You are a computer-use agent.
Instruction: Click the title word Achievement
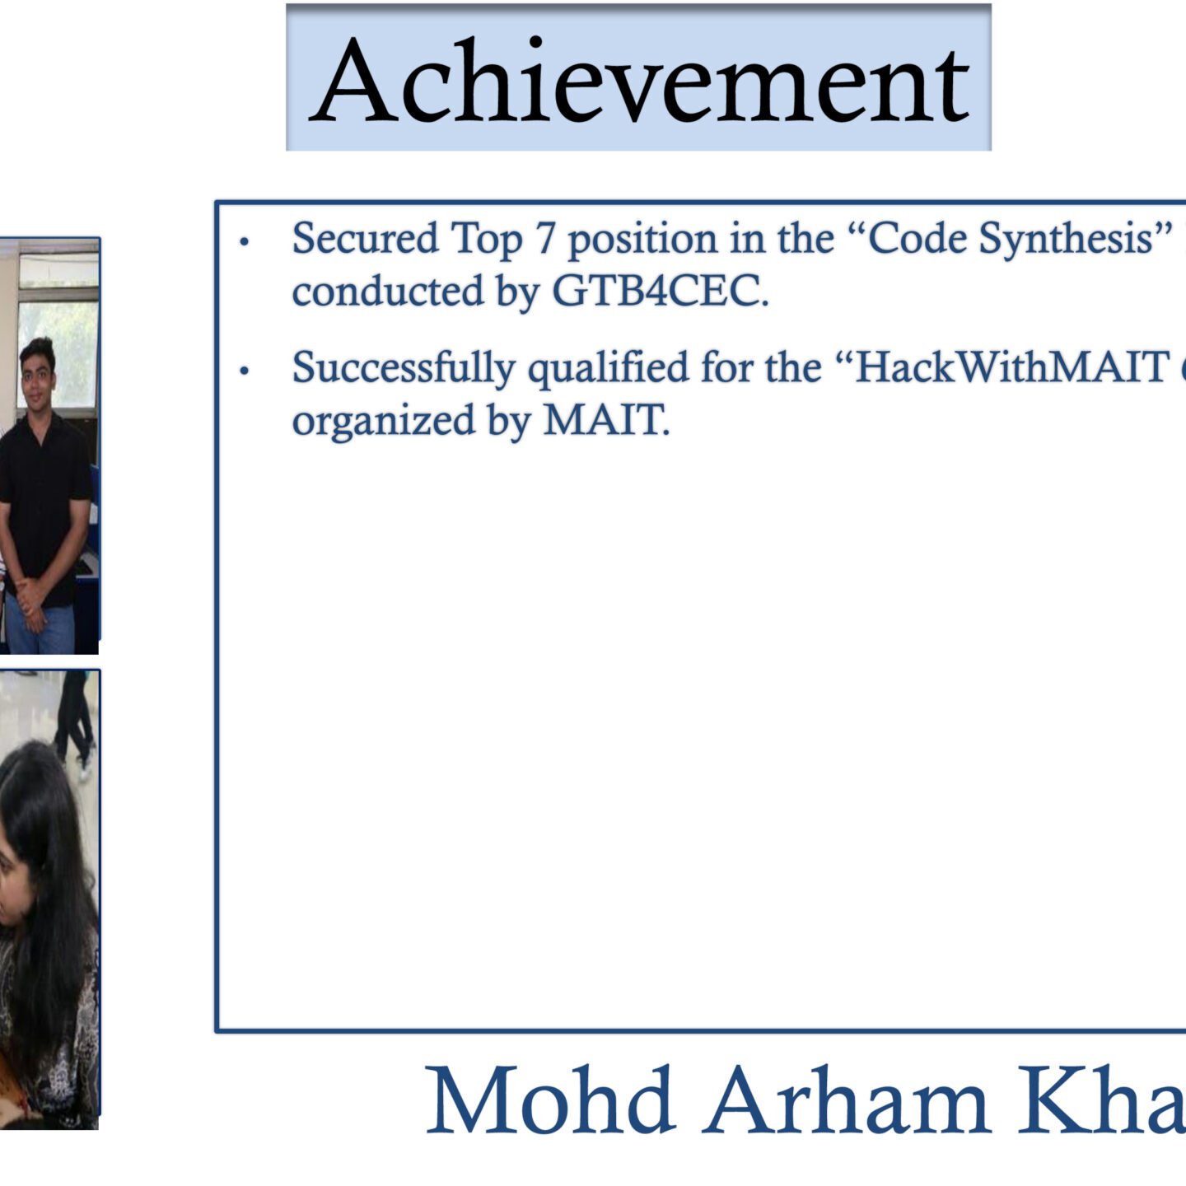coord(638,80)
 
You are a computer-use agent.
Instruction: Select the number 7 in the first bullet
coord(545,238)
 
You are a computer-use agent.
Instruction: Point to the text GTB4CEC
coord(661,291)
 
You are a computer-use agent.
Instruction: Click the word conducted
coord(388,291)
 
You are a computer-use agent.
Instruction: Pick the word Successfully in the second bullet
coord(403,369)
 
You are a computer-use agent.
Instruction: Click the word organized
coord(383,421)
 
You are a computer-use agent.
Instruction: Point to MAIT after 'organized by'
coord(605,420)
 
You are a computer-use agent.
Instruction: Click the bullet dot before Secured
coord(245,241)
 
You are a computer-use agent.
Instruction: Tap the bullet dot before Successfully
coord(245,371)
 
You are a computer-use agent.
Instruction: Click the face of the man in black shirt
coord(37,375)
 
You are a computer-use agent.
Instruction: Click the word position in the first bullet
coord(642,240)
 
